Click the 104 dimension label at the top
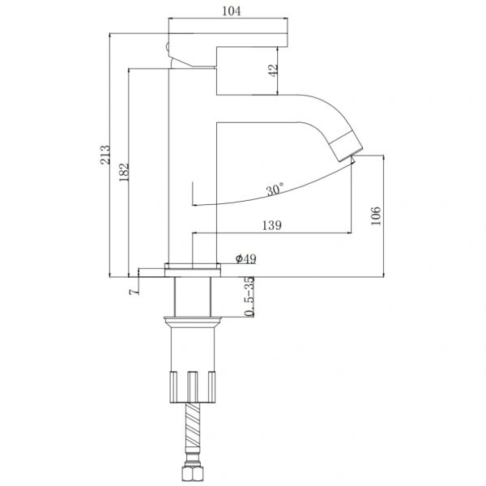(x=232, y=11)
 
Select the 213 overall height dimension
(x=105, y=155)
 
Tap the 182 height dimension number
(x=124, y=172)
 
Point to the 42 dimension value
(x=273, y=70)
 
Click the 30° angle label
(x=275, y=189)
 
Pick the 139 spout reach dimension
(x=272, y=225)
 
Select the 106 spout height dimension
(x=376, y=215)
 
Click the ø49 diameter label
(x=245, y=258)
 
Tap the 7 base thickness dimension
(x=134, y=292)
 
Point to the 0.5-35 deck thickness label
(x=249, y=296)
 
